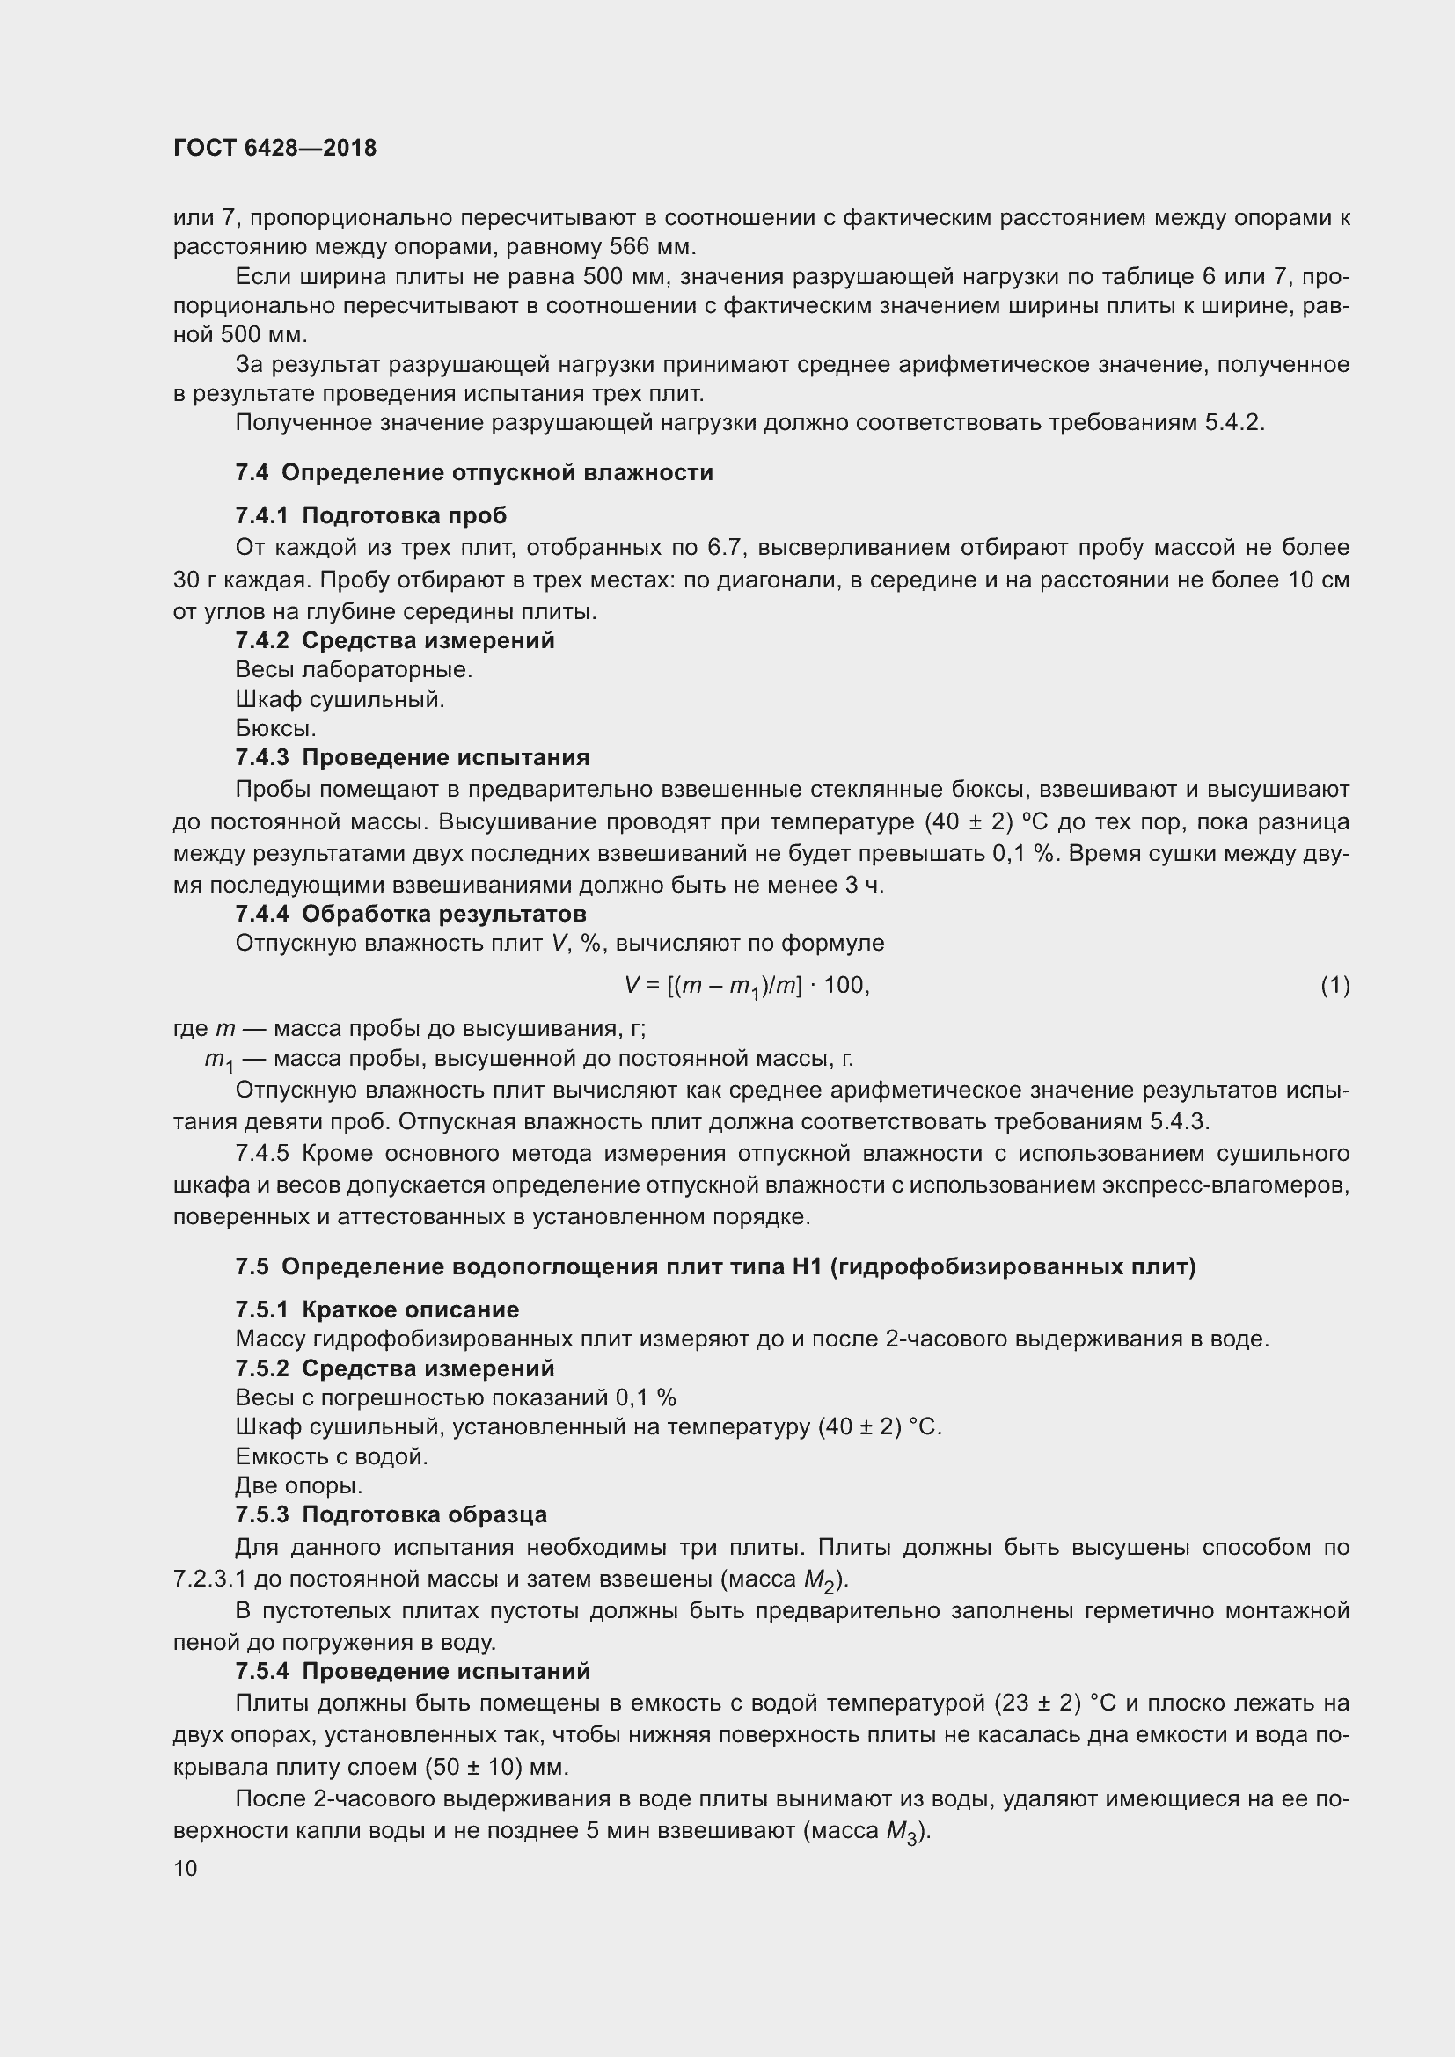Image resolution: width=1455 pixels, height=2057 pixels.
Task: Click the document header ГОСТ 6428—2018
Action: click(274, 148)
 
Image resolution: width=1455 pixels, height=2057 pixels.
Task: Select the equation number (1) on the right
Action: click(1334, 986)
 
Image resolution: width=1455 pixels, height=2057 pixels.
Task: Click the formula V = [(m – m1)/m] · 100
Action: click(746, 987)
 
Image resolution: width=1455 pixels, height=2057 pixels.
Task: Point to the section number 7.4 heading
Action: click(252, 472)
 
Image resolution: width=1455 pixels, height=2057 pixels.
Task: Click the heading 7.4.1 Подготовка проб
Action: click(371, 515)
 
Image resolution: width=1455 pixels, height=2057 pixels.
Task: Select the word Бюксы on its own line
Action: click(275, 728)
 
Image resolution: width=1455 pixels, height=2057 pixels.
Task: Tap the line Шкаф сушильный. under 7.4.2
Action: click(340, 699)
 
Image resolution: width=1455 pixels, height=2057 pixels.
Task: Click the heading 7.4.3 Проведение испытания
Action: click(412, 757)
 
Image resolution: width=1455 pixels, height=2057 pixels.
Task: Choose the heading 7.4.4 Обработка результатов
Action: click(410, 914)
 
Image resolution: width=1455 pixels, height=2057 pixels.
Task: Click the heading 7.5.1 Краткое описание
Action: click(377, 1309)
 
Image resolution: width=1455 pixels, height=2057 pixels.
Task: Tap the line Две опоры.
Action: click(298, 1486)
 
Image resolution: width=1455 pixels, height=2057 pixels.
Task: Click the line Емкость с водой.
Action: click(332, 1456)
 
